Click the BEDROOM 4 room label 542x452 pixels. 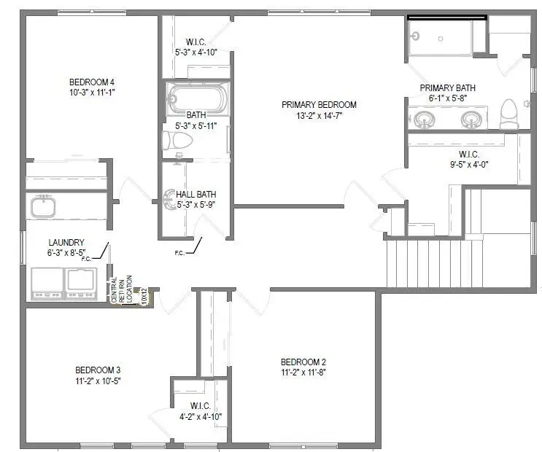coord(92,81)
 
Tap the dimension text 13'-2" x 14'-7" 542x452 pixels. coord(319,115)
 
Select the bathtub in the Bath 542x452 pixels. coord(197,97)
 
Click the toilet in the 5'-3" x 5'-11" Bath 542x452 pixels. coord(177,141)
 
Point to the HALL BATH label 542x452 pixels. coord(195,195)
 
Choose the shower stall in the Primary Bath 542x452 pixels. coord(439,36)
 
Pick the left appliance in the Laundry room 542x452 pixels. coord(46,283)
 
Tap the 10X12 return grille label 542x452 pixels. coord(144,297)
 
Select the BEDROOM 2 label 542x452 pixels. coord(303,362)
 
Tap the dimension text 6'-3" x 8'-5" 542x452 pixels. coord(66,252)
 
